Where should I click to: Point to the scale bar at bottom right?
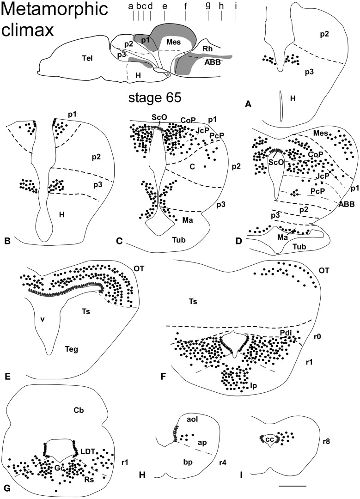coord(293,486)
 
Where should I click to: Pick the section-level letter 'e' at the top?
coord(165,6)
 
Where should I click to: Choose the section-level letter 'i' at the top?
coord(236,6)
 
